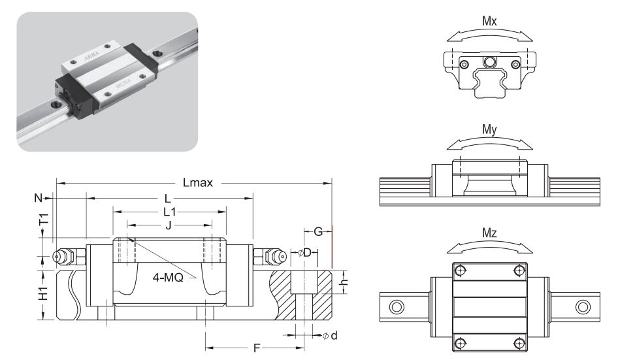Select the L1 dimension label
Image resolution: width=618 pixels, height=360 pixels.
coord(169,212)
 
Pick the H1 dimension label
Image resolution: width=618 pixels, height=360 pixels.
coord(43,295)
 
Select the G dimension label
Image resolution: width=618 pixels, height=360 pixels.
coord(317,231)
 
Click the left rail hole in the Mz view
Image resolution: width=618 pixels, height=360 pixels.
coord(397,306)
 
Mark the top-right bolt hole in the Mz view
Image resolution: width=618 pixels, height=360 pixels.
coord(519,270)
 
